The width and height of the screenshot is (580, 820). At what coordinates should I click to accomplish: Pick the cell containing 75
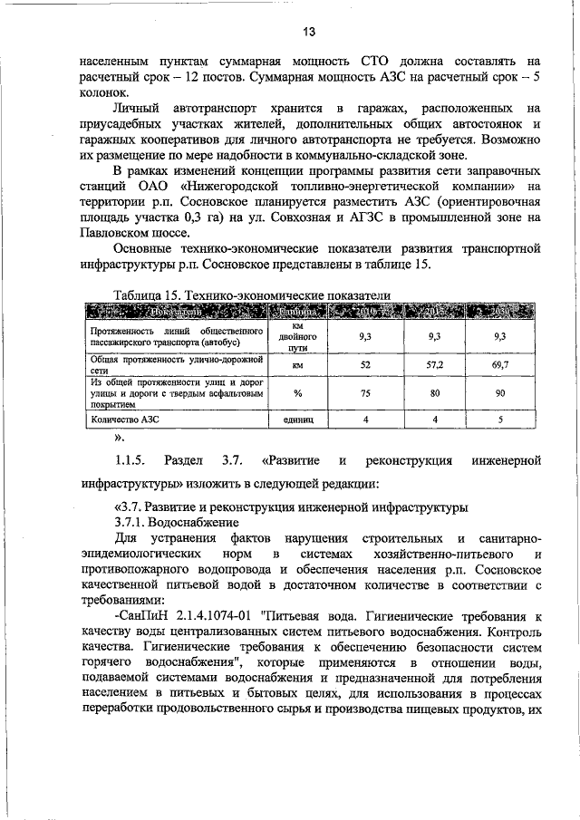366,393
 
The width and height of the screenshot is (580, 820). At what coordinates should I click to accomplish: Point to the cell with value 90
500,393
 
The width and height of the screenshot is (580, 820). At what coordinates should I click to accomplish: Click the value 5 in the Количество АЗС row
500,420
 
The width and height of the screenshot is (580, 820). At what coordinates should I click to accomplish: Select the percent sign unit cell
297,393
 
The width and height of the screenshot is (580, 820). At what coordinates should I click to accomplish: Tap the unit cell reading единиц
297,420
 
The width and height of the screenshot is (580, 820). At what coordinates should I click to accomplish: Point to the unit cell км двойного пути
297,335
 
